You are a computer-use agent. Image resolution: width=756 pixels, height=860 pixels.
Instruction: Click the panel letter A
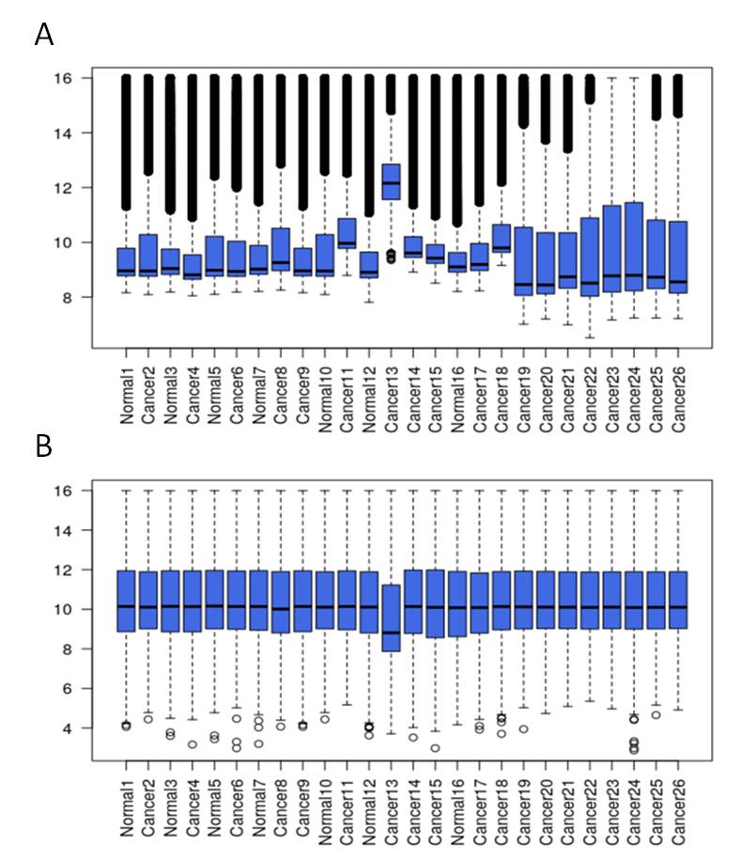pyautogui.click(x=44, y=35)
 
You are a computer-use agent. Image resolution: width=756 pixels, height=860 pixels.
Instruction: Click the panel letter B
pyautogui.click(x=44, y=446)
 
